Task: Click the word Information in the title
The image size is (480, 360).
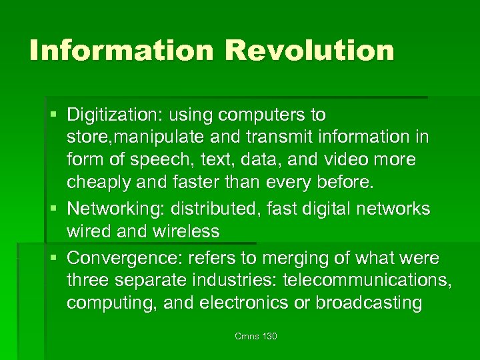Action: (119, 51)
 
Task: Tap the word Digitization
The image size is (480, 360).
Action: (112, 115)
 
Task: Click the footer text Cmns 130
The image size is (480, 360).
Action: (256, 336)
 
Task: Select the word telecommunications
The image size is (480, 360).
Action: (366, 280)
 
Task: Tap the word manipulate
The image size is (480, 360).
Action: (174, 138)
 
